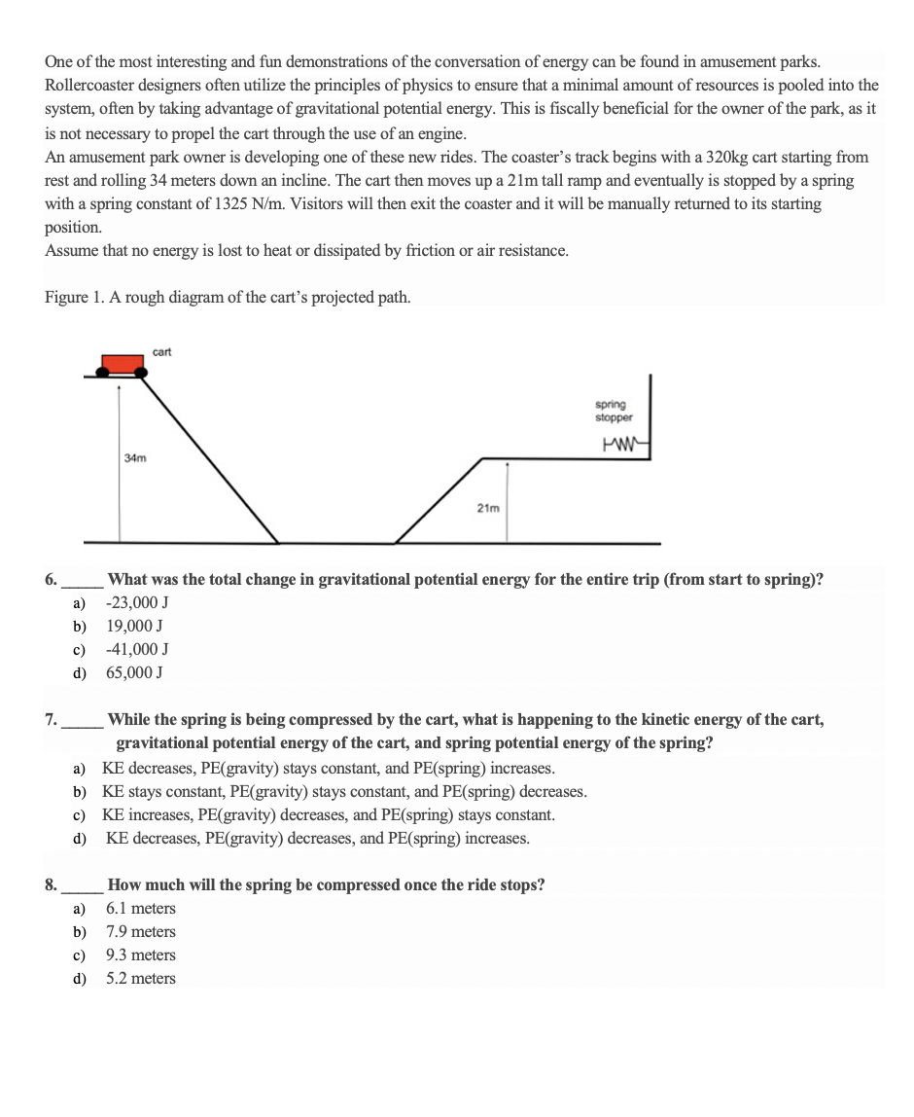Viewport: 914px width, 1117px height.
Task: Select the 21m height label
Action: click(x=488, y=507)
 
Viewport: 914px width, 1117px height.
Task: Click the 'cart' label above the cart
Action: click(x=161, y=351)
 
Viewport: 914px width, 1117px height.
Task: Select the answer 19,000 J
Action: click(x=134, y=626)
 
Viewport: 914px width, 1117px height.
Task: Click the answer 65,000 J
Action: click(x=134, y=672)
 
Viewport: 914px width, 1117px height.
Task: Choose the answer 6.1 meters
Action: click(x=141, y=909)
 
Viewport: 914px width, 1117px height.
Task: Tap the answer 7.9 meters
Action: click(x=141, y=932)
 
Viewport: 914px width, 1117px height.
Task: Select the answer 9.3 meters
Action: click(x=141, y=955)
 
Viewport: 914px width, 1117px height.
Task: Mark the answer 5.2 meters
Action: click(x=141, y=979)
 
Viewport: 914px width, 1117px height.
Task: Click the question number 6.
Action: click(x=50, y=580)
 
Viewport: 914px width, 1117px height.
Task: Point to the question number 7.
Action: click(x=50, y=720)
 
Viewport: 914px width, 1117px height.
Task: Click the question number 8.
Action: click(x=50, y=885)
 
